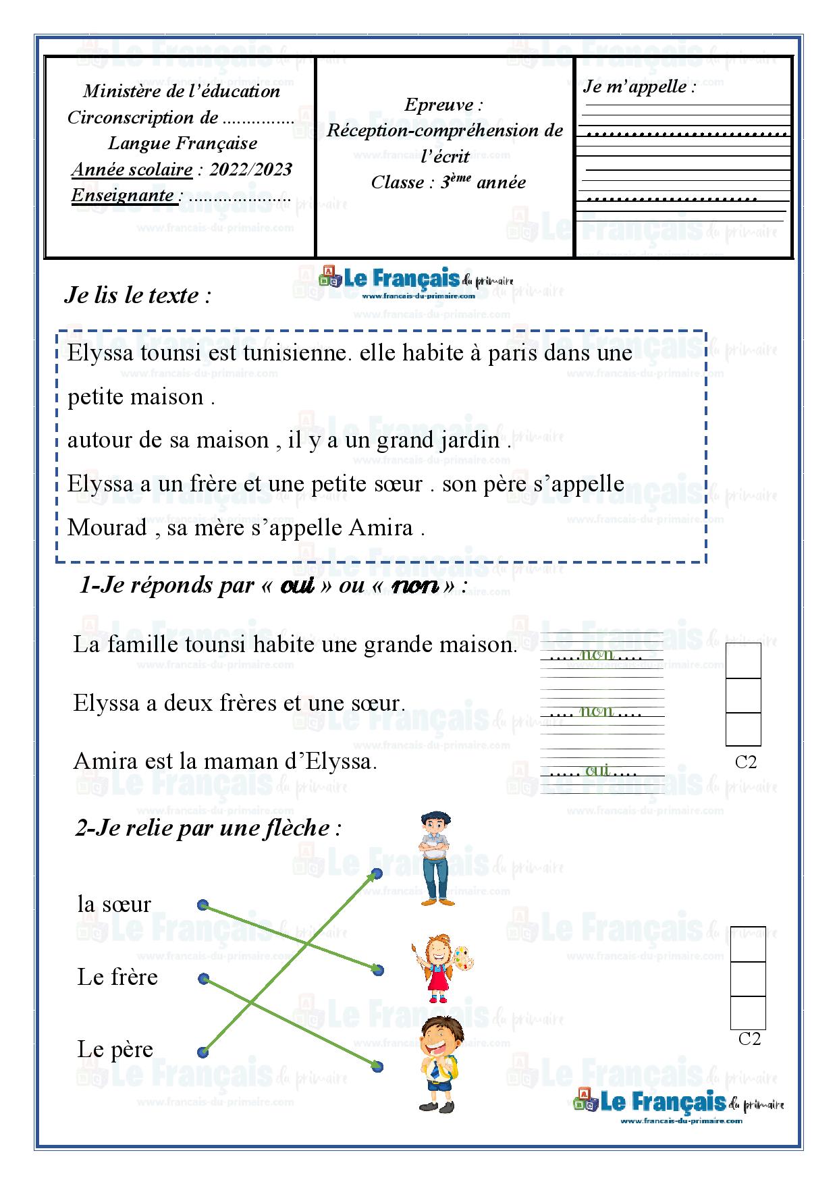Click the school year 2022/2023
[x=250, y=169]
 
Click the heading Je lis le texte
[x=138, y=296]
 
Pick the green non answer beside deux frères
[x=597, y=711]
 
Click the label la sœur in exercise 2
[x=114, y=904]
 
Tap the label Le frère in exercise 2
[x=117, y=977]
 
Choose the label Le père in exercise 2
[x=115, y=1049]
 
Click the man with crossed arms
[x=434, y=859]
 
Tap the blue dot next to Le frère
[x=203, y=977]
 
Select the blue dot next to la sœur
[x=202, y=905]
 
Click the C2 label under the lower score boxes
[x=749, y=1039]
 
